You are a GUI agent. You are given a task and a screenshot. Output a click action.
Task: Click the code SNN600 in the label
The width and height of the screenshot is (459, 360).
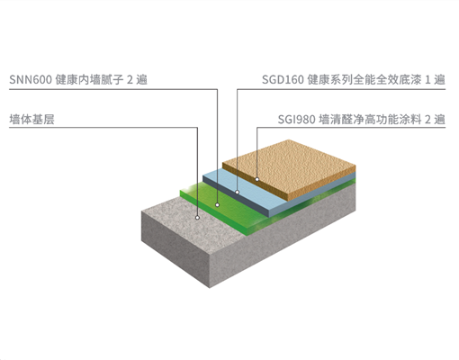tap(31, 80)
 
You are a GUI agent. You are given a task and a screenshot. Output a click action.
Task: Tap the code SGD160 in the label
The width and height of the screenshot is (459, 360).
tap(283, 80)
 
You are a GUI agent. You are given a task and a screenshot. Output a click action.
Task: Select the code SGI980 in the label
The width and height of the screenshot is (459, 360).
tap(296, 120)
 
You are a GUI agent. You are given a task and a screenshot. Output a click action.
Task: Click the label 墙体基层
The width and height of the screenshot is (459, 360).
tap(31, 120)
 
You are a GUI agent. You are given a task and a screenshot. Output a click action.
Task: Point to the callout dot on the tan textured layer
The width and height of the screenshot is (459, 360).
tap(257, 179)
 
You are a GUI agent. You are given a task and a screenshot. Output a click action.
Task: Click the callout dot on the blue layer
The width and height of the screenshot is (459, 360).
tap(237, 192)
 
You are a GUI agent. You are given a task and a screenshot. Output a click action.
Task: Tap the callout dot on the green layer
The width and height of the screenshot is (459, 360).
tap(217, 205)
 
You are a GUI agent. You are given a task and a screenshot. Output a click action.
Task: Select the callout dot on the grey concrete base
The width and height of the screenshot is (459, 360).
tap(197, 218)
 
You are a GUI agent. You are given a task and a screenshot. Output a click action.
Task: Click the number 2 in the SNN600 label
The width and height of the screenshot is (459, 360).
tap(130, 80)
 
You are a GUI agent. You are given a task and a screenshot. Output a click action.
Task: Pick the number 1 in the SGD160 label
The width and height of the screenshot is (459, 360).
tap(428, 80)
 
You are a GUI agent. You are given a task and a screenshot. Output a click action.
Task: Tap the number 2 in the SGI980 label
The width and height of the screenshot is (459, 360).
tap(427, 120)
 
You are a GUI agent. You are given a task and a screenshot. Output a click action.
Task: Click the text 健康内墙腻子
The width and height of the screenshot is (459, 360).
tap(89, 80)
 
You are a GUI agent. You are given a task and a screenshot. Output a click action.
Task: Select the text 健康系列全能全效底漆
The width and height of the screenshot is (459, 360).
tap(364, 80)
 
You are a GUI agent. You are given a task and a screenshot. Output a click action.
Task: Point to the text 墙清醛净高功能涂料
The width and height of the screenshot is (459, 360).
tap(370, 120)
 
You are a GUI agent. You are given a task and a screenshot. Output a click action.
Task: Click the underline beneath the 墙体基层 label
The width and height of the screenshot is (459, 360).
tap(103, 128)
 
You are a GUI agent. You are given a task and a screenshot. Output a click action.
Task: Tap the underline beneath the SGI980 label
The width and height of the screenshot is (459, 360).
tap(351, 128)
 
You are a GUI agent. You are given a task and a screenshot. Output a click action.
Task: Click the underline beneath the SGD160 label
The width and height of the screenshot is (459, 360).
tap(341, 89)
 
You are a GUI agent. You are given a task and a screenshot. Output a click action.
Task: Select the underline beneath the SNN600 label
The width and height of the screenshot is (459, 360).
tap(113, 89)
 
